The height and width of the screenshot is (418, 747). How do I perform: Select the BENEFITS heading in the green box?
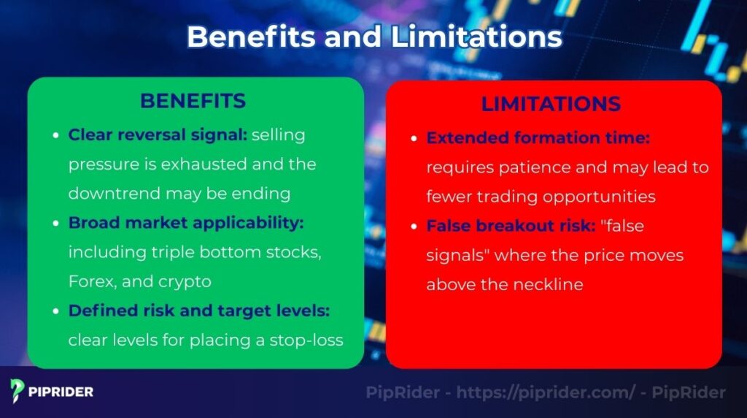[x=193, y=101]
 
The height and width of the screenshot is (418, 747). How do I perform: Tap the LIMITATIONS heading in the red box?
[x=551, y=104]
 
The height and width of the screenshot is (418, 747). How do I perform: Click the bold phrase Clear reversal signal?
[x=158, y=135]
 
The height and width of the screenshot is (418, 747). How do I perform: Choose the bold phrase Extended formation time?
[x=538, y=137]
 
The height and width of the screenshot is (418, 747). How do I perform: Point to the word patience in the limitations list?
[x=529, y=167]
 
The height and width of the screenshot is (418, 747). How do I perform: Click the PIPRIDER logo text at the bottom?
[x=61, y=392]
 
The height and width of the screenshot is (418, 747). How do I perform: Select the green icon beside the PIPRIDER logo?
[x=18, y=391]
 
